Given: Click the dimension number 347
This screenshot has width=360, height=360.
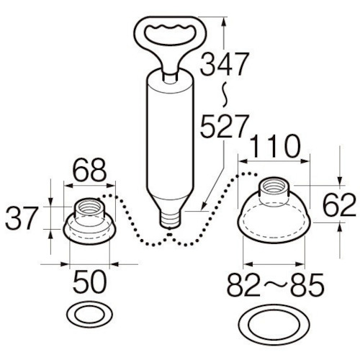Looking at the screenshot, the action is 224,64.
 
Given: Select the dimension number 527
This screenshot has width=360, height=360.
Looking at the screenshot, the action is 224,126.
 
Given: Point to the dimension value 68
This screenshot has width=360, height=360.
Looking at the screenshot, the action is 89,170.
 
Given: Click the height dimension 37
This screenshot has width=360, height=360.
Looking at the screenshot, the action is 22,218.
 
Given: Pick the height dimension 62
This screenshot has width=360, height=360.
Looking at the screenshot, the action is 339,205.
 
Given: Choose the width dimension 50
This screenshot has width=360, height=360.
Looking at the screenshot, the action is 89,282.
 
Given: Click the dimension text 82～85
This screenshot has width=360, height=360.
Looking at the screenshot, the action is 276,285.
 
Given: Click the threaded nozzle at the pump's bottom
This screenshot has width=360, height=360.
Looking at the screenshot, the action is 170,219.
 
